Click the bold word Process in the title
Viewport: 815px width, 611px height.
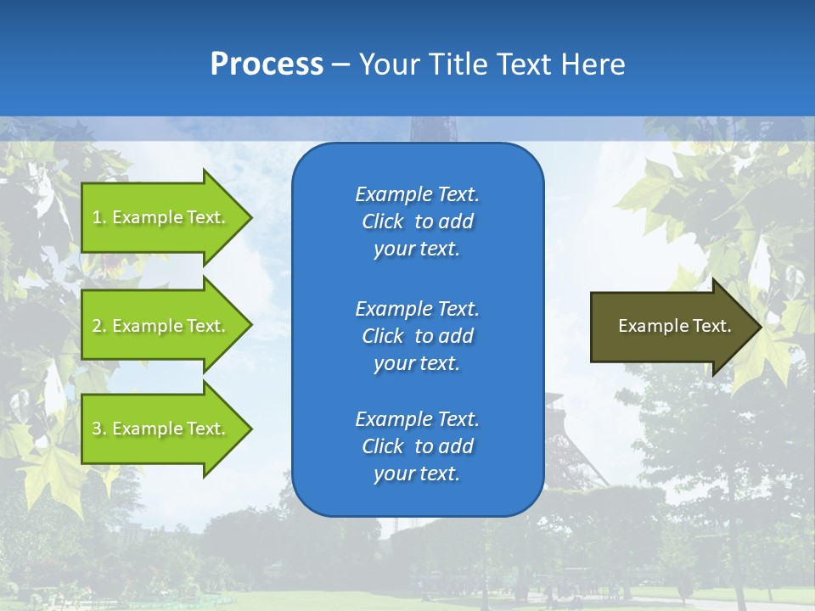(x=267, y=64)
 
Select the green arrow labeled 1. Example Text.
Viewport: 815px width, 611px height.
(x=161, y=217)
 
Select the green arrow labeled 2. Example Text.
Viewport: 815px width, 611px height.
(x=161, y=326)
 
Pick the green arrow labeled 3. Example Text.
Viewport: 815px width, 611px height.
(x=161, y=429)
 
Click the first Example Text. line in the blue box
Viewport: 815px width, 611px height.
(x=417, y=194)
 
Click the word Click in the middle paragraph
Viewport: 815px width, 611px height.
(x=383, y=336)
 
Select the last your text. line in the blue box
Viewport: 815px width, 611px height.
(x=417, y=474)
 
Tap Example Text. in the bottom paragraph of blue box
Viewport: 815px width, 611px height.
(x=417, y=419)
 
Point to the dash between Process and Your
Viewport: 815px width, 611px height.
(x=340, y=64)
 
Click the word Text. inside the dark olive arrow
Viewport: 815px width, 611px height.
(x=711, y=326)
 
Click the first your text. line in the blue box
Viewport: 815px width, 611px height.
(x=417, y=249)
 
